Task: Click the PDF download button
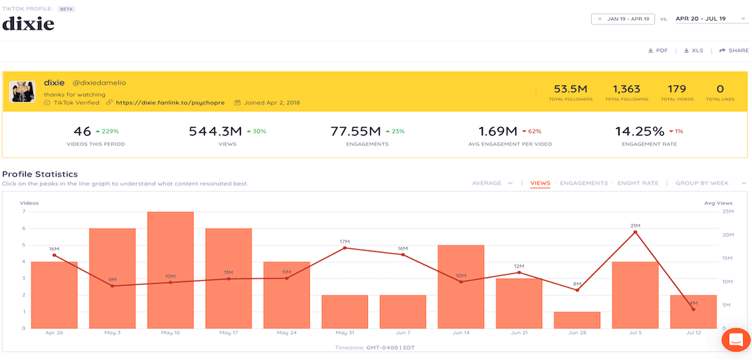tap(657, 51)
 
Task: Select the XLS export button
tap(693, 51)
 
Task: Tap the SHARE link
tap(734, 51)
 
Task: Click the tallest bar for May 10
tap(170, 270)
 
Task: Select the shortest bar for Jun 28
tap(576, 320)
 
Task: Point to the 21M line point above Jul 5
tap(635, 232)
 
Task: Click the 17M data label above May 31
tap(344, 241)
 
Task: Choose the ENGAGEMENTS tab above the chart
tap(583, 183)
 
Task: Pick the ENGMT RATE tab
tap(639, 183)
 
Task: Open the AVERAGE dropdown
tap(492, 183)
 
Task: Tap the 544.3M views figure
tap(215, 132)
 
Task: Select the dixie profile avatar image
tap(23, 91)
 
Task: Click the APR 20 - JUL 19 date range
tap(701, 18)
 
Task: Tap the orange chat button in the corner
tap(734, 339)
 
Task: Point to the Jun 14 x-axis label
tap(460, 333)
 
